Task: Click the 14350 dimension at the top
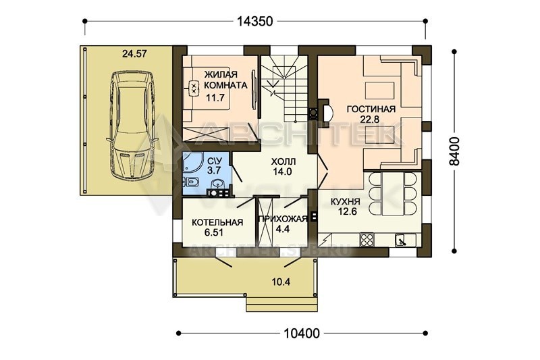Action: tap(255, 22)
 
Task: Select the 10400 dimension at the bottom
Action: tap(302, 333)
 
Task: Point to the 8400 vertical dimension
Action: tap(454, 151)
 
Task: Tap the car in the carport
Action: tap(132, 125)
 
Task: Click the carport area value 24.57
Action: tap(134, 54)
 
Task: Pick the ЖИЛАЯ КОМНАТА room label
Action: tap(225, 80)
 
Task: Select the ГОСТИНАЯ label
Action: tap(371, 109)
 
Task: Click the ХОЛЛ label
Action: tap(283, 161)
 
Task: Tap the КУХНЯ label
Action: tap(345, 201)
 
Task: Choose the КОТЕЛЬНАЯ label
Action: tap(217, 222)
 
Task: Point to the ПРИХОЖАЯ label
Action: tap(282, 219)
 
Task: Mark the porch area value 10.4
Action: tap(281, 282)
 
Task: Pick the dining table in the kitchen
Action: tap(392, 193)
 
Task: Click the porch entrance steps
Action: tap(281, 304)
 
